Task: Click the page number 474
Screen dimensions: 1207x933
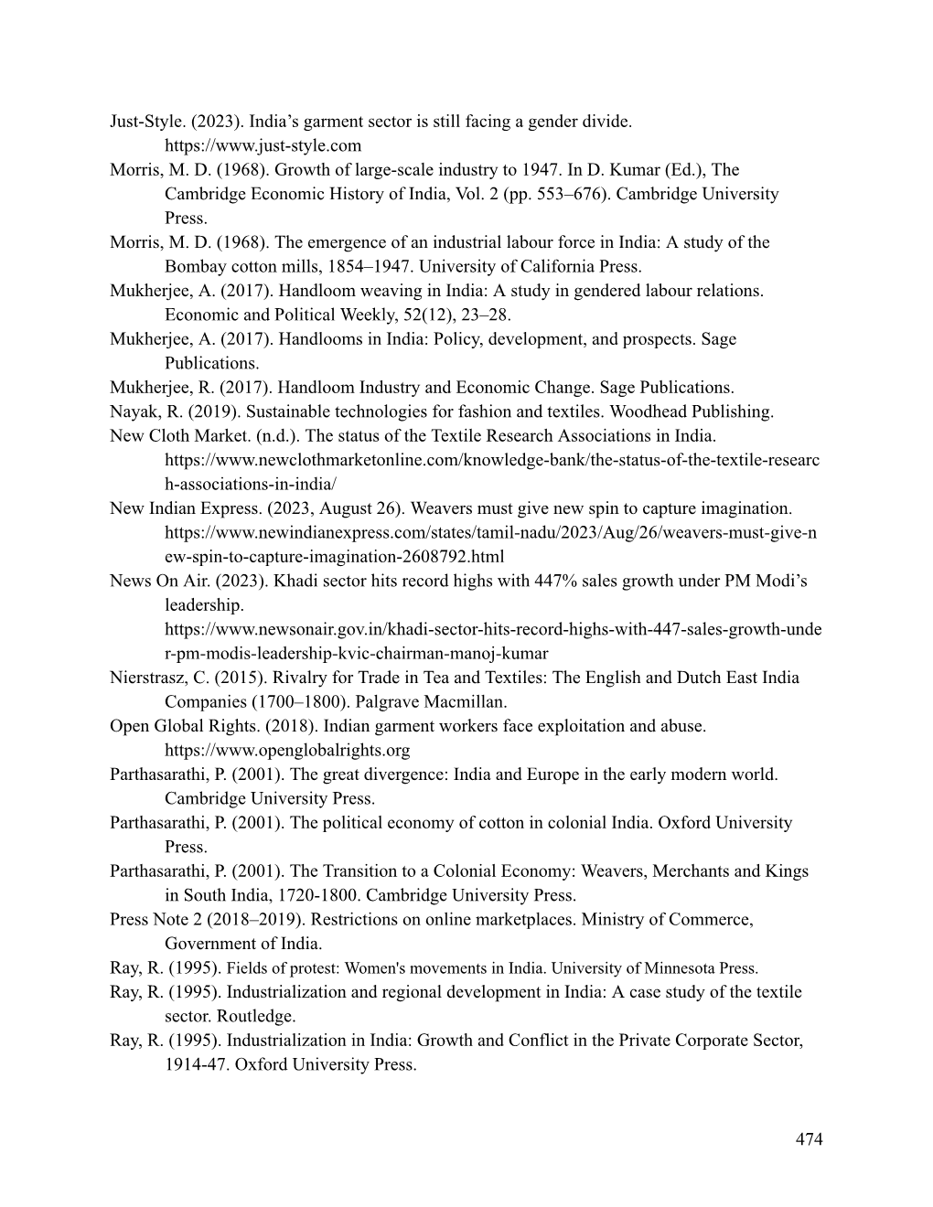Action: (809, 1138)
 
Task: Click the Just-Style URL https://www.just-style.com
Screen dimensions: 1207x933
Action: (263, 145)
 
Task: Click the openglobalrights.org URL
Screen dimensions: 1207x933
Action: (286, 751)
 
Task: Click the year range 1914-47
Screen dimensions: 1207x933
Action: (195, 1064)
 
